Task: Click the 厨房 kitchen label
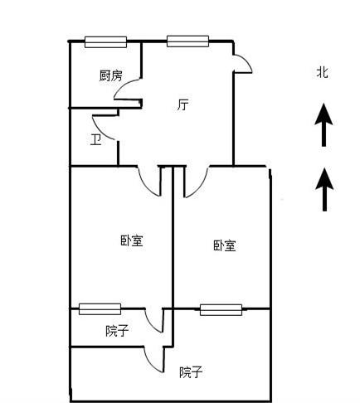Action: click(110, 75)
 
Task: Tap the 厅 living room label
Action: click(182, 104)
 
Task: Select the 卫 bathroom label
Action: click(95, 140)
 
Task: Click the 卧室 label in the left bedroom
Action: click(132, 240)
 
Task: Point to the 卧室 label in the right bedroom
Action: click(225, 245)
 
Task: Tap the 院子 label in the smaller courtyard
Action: click(117, 331)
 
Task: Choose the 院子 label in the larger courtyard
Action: click(191, 372)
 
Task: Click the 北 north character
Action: click(323, 72)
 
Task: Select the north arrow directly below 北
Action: click(324, 124)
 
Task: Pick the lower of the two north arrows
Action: click(324, 190)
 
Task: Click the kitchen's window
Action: click(105, 42)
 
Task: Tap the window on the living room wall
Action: click(187, 41)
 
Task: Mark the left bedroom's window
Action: click(100, 309)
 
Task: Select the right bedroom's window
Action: click(221, 310)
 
